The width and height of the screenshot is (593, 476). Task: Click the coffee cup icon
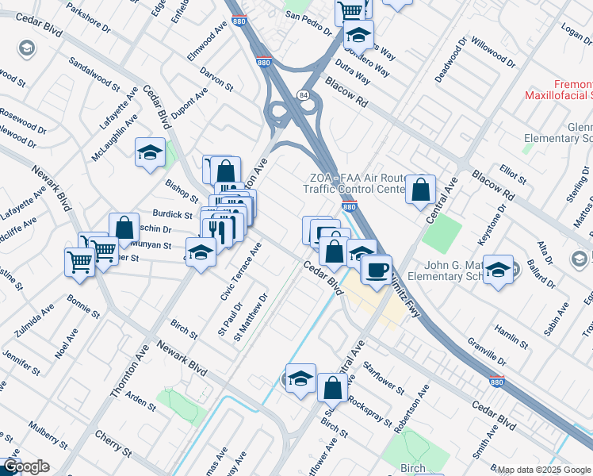[377, 269]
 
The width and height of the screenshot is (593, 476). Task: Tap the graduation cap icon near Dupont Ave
[149, 152]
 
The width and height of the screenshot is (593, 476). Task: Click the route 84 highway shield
[304, 95]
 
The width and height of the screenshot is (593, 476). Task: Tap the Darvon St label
[216, 77]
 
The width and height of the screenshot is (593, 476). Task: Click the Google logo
[26, 466]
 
